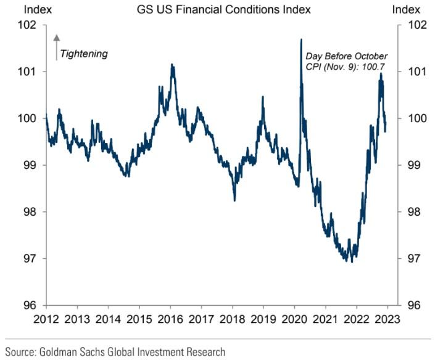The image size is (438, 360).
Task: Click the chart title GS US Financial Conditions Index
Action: coord(219,9)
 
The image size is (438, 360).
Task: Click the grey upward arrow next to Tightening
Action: coord(56,46)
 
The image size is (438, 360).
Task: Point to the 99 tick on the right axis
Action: coord(411,165)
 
